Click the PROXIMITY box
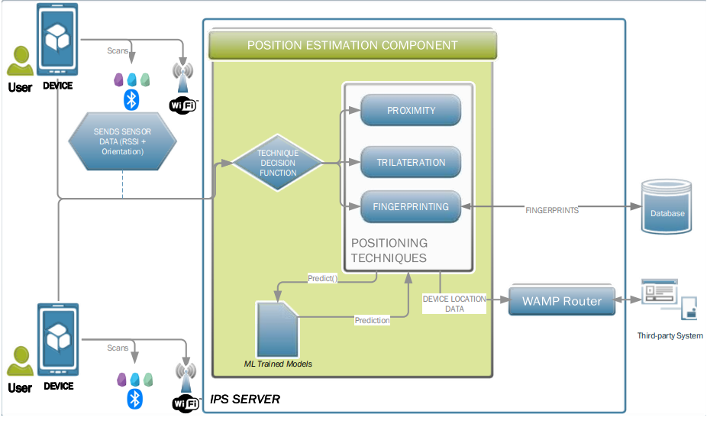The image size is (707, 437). click(411, 110)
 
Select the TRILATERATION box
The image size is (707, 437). click(411, 162)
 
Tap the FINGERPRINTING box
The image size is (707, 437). click(411, 206)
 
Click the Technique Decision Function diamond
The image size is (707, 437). click(278, 163)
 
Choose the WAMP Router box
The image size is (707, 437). click(561, 301)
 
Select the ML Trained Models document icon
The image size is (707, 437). click(277, 329)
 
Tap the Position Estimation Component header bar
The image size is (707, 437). click(353, 45)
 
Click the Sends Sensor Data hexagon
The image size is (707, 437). click(122, 141)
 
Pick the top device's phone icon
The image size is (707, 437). click(58, 39)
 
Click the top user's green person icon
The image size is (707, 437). click(20, 61)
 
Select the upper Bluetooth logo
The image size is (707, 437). click(131, 99)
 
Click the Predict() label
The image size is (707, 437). click(321, 278)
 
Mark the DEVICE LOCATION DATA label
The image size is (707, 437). click(454, 303)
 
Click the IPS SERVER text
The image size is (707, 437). click(245, 400)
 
